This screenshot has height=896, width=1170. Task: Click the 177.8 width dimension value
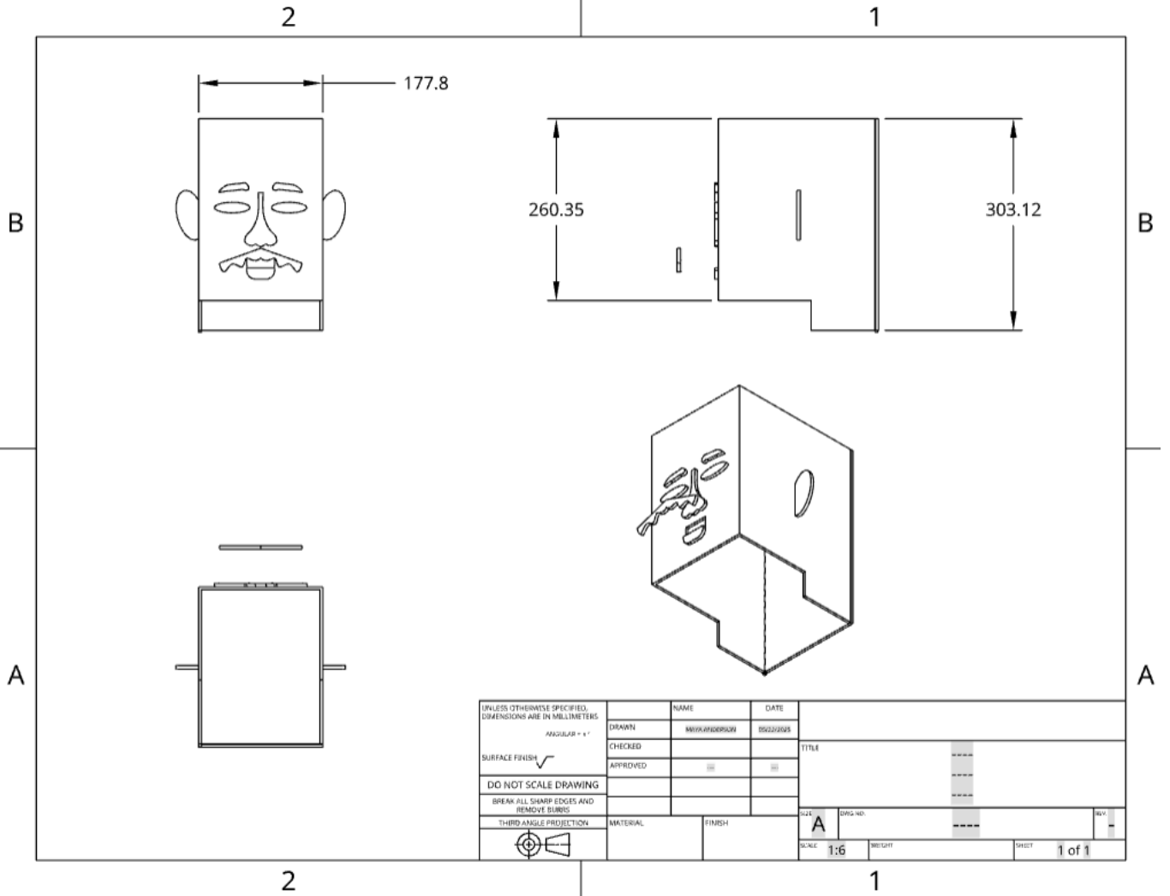pyautogui.click(x=426, y=83)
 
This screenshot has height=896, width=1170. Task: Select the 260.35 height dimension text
pyautogui.click(x=556, y=209)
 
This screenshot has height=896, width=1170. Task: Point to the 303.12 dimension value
pyautogui.click(x=1012, y=209)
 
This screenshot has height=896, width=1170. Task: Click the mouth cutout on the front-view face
pyautogui.click(x=260, y=269)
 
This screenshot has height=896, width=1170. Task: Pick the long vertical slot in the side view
pyautogui.click(x=798, y=215)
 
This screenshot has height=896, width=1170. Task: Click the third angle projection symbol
pyautogui.click(x=542, y=845)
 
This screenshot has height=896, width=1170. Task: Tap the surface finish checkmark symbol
pyautogui.click(x=546, y=760)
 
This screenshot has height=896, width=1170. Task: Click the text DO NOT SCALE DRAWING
pyautogui.click(x=542, y=785)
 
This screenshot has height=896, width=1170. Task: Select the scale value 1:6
pyautogui.click(x=836, y=850)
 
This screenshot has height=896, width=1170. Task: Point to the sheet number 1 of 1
pyautogui.click(x=1073, y=850)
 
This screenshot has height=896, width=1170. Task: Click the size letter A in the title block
pyautogui.click(x=818, y=825)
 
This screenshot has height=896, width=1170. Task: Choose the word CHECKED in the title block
pyautogui.click(x=625, y=746)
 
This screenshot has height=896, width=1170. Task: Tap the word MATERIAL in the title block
pyautogui.click(x=626, y=823)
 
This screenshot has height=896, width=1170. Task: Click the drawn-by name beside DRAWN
pyautogui.click(x=710, y=729)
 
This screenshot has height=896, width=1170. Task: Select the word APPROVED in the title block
pyautogui.click(x=628, y=766)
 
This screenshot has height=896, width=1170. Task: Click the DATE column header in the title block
pyautogui.click(x=773, y=708)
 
